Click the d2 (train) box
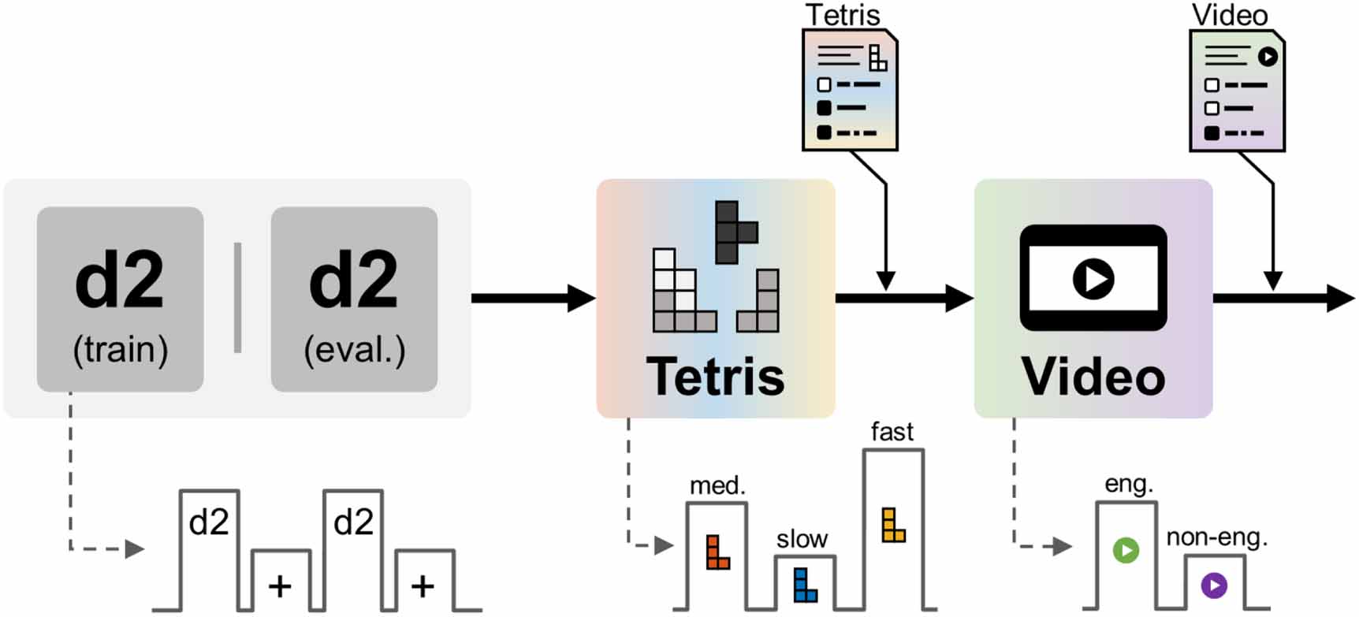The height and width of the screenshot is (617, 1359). tap(120, 299)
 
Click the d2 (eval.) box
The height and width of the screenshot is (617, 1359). tap(354, 299)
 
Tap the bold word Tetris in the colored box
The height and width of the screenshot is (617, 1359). tap(715, 377)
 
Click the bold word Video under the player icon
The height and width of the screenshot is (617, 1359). tap(1093, 377)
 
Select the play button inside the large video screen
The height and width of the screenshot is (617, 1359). tap(1093, 278)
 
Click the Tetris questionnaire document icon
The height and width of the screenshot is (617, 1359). tap(850, 91)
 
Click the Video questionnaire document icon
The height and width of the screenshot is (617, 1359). tap(1237, 91)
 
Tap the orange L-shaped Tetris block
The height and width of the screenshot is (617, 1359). tap(717, 553)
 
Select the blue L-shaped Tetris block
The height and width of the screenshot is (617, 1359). tap(804, 586)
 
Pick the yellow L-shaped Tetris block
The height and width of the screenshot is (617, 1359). tap(892, 526)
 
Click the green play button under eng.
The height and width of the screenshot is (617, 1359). tap(1126, 550)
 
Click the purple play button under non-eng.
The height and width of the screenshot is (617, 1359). tap(1214, 585)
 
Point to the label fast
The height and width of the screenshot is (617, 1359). tap(892, 432)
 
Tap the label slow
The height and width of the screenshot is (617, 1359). tap(802, 539)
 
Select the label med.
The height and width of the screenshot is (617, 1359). tap(717, 485)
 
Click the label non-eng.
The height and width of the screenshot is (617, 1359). tap(1216, 537)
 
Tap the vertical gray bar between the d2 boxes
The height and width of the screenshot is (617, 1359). tap(237, 298)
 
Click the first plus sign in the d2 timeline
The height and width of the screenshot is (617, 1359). tap(280, 586)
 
